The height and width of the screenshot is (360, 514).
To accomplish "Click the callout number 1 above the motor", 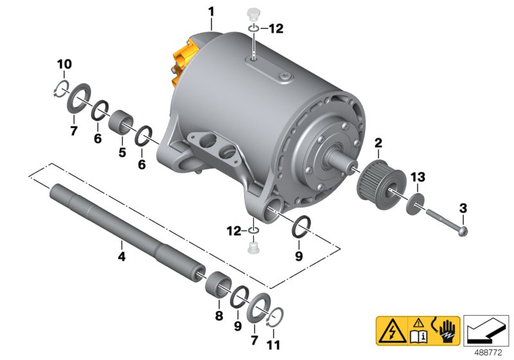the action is [x=211, y=12].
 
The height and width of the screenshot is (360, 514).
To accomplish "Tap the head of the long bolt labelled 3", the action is [x=463, y=231].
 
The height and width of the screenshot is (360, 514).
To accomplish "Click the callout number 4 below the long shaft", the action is [x=121, y=256].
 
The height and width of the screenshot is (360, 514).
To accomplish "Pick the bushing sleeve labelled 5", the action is [x=121, y=123].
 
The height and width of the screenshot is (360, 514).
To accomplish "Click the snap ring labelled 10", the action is [x=61, y=88].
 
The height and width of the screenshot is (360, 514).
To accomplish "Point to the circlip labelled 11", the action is [x=276, y=317].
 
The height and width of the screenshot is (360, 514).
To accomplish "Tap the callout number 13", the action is [x=418, y=177].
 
